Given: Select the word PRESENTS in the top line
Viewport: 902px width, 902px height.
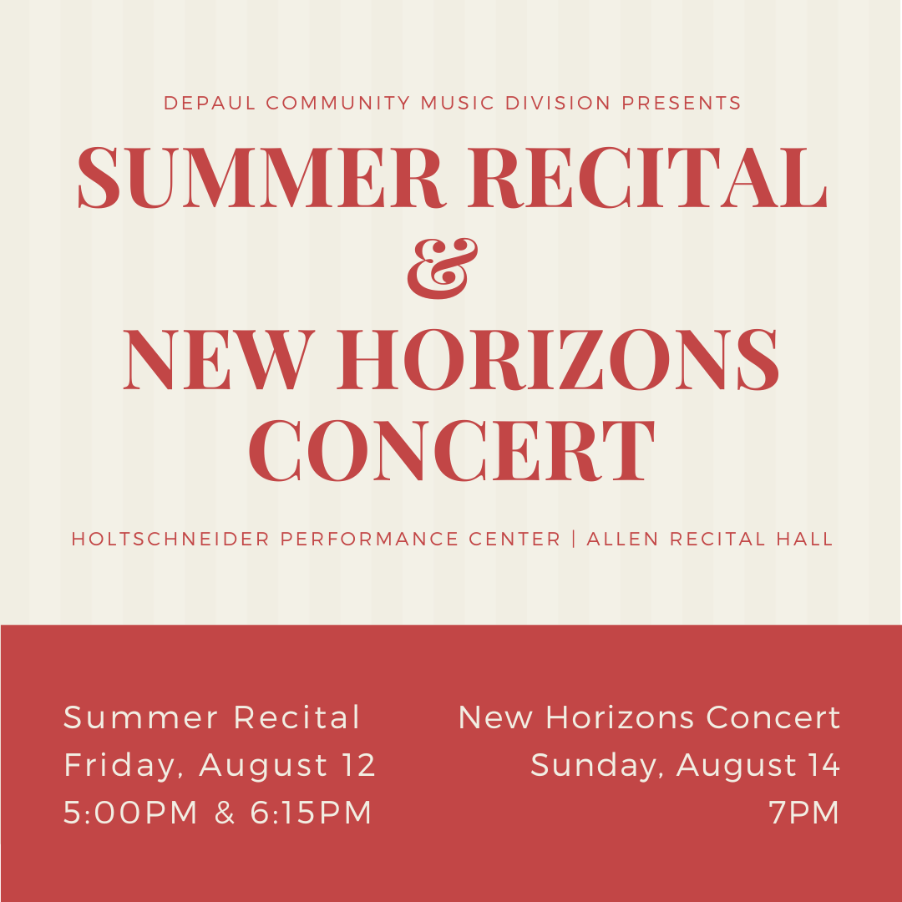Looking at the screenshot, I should coord(681,104).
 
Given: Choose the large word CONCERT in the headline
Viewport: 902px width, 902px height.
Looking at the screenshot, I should coord(451,451).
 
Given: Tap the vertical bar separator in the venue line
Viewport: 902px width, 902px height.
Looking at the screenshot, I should coord(574,540).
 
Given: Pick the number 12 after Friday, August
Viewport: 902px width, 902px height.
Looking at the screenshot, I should coord(360,765).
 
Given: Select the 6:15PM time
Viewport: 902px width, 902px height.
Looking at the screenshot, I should coord(312,813).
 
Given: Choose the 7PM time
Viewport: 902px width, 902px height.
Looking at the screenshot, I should coord(804,813).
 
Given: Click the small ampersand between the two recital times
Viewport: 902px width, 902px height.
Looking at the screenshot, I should coord(225,813).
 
